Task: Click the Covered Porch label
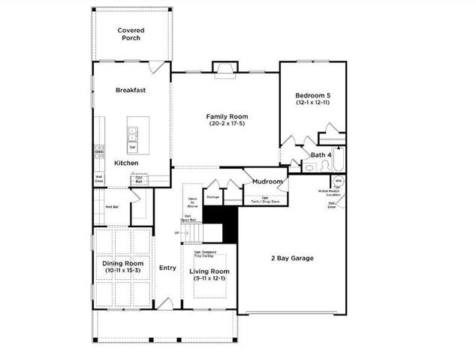tap(131, 34)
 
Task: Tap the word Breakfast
tap(131, 90)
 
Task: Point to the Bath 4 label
tap(321, 154)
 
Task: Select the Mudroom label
tap(267, 181)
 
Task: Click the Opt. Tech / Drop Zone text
tap(264, 200)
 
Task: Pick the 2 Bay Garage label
tap(292, 257)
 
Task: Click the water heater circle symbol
tap(337, 182)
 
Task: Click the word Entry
tap(167, 268)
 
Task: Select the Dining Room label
tap(122, 264)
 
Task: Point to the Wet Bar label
tap(112, 206)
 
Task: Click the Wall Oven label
tap(98, 179)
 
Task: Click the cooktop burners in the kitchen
tap(98, 151)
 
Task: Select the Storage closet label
tap(212, 196)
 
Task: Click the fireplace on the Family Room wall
tap(224, 70)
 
